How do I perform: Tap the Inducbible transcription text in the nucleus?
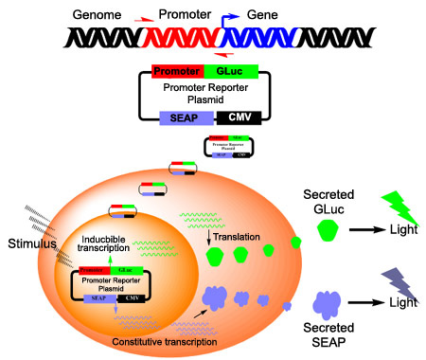[112, 243]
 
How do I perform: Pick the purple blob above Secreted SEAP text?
[328, 303]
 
